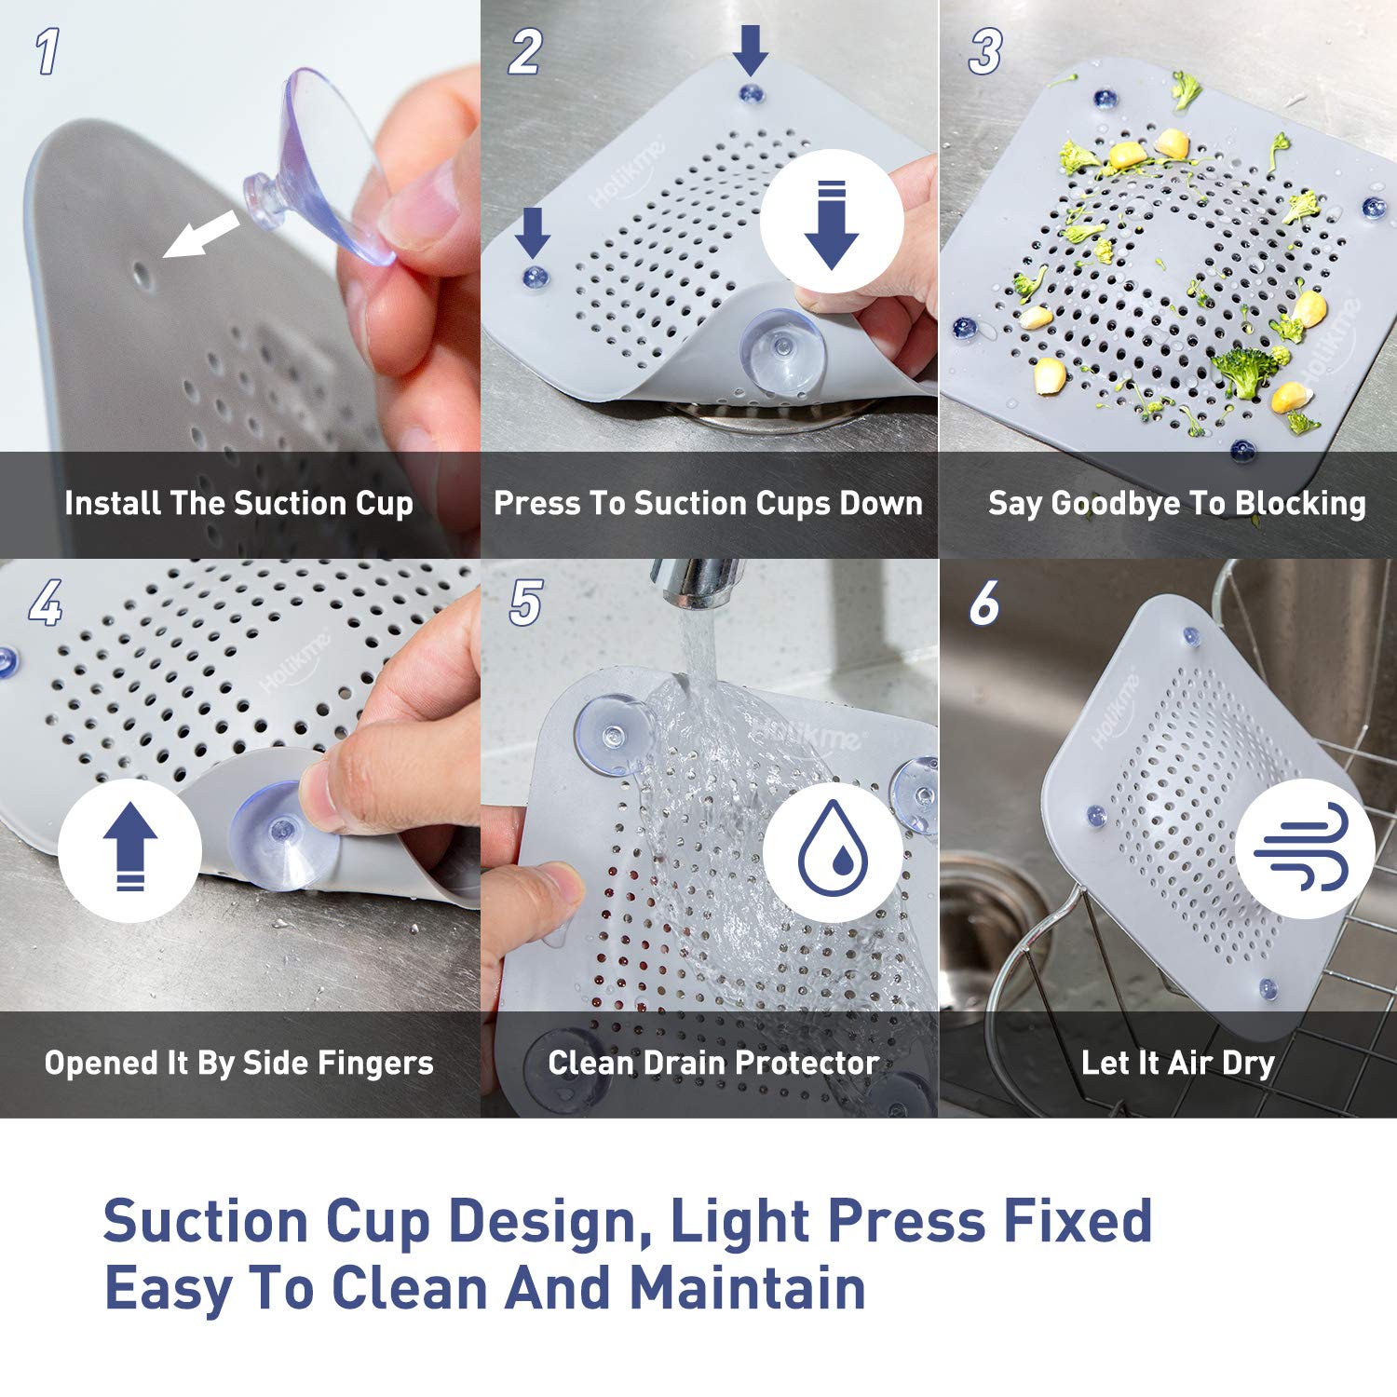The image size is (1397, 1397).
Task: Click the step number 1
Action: click(x=47, y=51)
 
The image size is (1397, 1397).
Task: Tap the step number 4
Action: click(x=46, y=604)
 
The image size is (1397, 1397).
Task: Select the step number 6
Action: click(x=984, y=604)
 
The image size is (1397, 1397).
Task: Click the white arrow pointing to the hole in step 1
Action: click(x=200, y=234)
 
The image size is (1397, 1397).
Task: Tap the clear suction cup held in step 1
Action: click(x=321, y=168)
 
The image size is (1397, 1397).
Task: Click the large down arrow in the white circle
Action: click(x=831, y=224)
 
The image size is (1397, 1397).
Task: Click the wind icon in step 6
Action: click(x=1302, y=848)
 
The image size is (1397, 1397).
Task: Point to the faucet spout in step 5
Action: click(x=697, y=582)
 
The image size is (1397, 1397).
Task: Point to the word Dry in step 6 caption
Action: click(x=1248, y=1064)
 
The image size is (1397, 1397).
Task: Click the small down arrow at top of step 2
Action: click(x=750, y=49)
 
